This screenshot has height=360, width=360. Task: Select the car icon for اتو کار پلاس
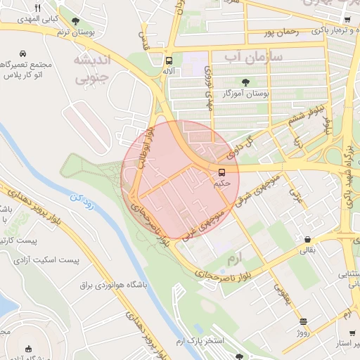(x=24, y=54)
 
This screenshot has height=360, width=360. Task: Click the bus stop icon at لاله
(x=168, y=60)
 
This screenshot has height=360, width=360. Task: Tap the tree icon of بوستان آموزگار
(x=245, y=82)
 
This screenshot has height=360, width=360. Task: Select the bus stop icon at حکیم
(x=222, y=172)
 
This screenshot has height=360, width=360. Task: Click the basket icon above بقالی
(x=308, y=238)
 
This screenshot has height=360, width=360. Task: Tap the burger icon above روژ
(x=303, y=321)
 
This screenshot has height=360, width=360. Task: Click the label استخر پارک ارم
(x=195, y=342)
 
